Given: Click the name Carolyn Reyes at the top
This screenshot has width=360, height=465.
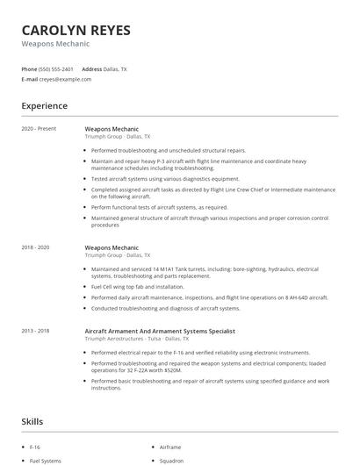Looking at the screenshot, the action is (x=76, y=30).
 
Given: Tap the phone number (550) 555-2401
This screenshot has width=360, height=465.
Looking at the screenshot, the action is (x=55, y=68).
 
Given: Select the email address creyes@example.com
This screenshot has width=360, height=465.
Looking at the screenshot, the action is (x=65, y=79).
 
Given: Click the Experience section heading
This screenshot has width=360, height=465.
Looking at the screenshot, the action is (x=44, y=106).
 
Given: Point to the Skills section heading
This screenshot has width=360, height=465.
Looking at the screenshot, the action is (x=32, y=422).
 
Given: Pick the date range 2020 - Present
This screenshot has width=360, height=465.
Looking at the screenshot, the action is (x=38, y=129).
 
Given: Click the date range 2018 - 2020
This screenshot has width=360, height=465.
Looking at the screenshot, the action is (x=36, y=248).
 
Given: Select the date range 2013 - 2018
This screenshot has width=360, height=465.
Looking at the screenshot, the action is (x=36, y=331).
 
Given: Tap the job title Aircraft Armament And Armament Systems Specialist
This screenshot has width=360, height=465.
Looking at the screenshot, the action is (x=160, y=331).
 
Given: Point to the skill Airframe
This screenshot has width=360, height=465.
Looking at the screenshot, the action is (x=170, y=447).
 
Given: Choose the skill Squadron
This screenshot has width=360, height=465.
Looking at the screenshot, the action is (x=171, y=461).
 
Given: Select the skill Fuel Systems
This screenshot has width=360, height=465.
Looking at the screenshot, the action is (x=46, y=461).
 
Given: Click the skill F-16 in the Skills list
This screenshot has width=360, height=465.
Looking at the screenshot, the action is (x=35, y=447).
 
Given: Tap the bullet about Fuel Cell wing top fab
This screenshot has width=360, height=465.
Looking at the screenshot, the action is (x=138, y=287).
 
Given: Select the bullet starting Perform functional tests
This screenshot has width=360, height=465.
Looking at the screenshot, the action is (x=159, y=208).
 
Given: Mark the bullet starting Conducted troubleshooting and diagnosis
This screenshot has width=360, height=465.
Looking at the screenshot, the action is (x=165, y=308).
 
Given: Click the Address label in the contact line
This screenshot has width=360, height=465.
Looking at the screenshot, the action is (x=91, y=68).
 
